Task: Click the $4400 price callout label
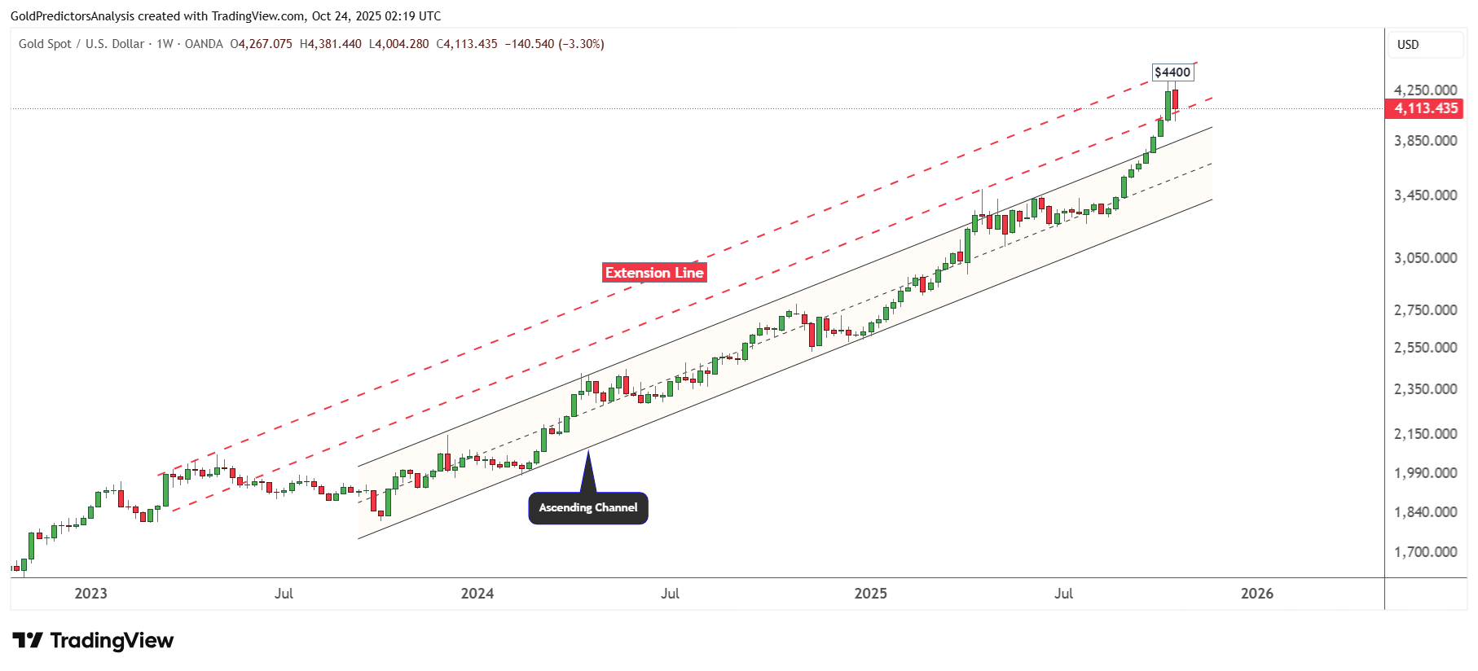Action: point(1172,72)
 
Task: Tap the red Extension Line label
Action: point(654,273)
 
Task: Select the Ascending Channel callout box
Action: point(588,507)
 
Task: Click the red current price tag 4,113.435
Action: point(1424,108)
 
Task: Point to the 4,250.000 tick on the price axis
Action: point(1425,90)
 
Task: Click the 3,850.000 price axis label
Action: point(1425,141)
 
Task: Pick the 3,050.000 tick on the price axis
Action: point(1425,258)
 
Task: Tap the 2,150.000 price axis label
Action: point(1425,434)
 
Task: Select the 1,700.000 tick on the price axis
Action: point(1425,552)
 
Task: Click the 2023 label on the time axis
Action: point(90,594)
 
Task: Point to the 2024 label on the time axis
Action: point(477,594)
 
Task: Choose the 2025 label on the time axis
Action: point(870,594)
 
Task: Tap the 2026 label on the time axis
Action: point(1256,594)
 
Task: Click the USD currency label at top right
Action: point(1408,45)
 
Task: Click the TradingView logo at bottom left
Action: point(93,641)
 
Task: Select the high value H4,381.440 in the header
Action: point(331,44)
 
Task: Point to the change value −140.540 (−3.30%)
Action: point(554,44)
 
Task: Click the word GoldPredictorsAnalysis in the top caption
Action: point(73,16)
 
